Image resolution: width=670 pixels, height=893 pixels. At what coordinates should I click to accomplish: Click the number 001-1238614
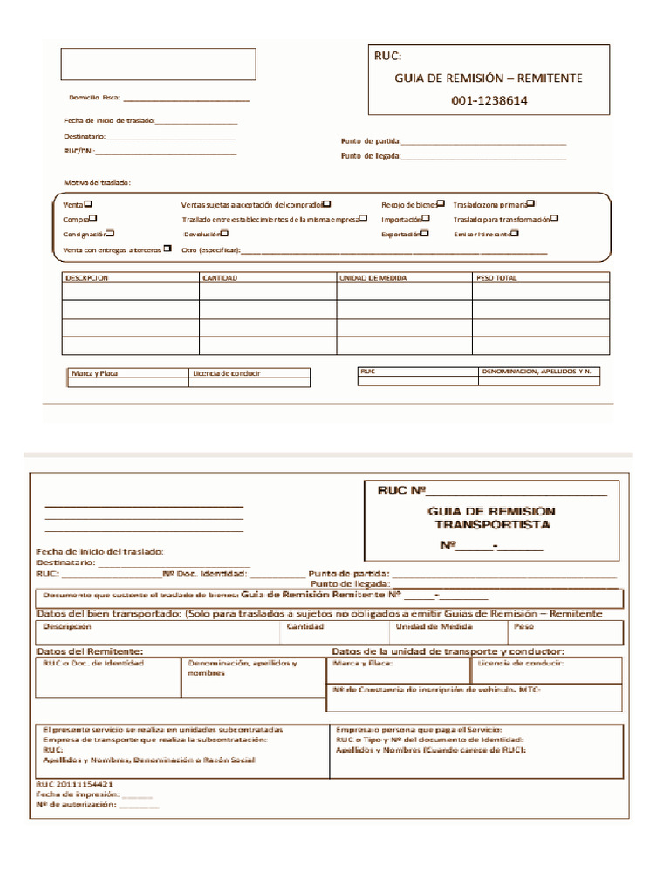point(489,100)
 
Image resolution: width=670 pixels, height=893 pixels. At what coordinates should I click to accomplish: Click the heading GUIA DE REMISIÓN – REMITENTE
point(489,78)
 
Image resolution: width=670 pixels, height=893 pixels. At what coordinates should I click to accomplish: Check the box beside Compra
point(93,218)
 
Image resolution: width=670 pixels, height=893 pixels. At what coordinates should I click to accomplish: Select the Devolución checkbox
point(224,233)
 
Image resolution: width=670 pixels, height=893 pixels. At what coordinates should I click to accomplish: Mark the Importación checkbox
point(429,218)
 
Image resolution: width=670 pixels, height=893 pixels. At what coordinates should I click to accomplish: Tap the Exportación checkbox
point(426,233)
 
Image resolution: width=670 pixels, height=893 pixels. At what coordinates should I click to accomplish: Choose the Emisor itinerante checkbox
point(515,233)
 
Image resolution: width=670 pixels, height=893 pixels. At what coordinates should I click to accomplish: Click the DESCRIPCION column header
point(86,277)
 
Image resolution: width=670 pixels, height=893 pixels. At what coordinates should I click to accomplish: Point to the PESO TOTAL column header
point(496,277)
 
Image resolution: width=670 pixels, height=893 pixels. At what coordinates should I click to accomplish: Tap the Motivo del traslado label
point(97,181)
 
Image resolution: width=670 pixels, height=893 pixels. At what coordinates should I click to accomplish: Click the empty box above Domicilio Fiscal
point(158,65)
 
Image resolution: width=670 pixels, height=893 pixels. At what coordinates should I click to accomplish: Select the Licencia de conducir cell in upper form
point(227,373)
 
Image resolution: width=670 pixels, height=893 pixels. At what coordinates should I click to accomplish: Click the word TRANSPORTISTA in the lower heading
point(493,526)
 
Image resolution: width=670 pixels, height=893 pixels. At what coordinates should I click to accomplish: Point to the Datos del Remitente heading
point(90,651)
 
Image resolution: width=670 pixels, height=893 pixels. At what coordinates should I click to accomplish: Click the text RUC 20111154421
point(74,783)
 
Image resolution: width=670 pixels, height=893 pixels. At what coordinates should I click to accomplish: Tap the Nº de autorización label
point(76,805)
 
